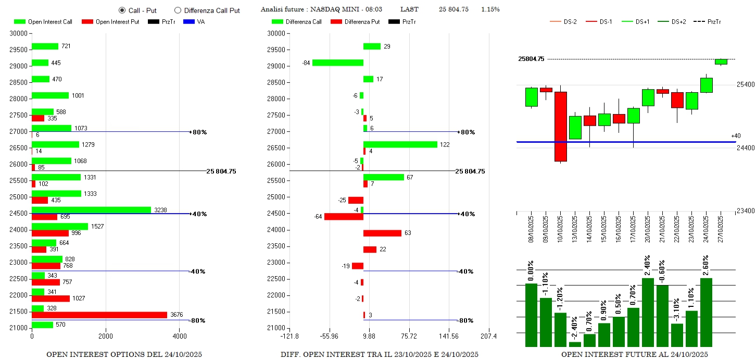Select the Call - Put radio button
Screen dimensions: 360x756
pyautogui.click(x=122, y=10)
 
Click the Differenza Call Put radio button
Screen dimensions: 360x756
pyautogui.click(x=178, y=10)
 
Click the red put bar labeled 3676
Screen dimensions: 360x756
pyautogui.click(x=99, y=315)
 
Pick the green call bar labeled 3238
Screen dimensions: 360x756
pyautogui.click(x=91, y=210)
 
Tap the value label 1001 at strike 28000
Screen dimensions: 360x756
pyautogui.click(x=78, y=95)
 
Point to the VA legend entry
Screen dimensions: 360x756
pyautogui.click(x=193, y=22)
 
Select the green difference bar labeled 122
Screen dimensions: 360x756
pyautogui.click(x=400, y=144)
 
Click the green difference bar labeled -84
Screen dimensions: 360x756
pyautogui.click(x=337, y=63)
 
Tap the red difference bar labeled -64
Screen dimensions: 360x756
pyautogui.click(x=344, y=217)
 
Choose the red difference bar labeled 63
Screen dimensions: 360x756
pyautogui.click(x=382, y=233)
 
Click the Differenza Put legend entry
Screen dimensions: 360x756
pyautogui.click(x=355, y=22)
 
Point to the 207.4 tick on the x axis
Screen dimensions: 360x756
pyautogui.click(x=488, y=336)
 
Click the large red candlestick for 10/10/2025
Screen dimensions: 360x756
pyautogui.click(x=560, y=127)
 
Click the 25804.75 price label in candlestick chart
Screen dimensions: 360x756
pyautogui.click(x=531, y=59)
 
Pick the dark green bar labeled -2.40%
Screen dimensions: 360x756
pyautogui.click(x=575, y=344)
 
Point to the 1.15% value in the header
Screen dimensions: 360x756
pyautogui.click(x=490, y=9)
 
